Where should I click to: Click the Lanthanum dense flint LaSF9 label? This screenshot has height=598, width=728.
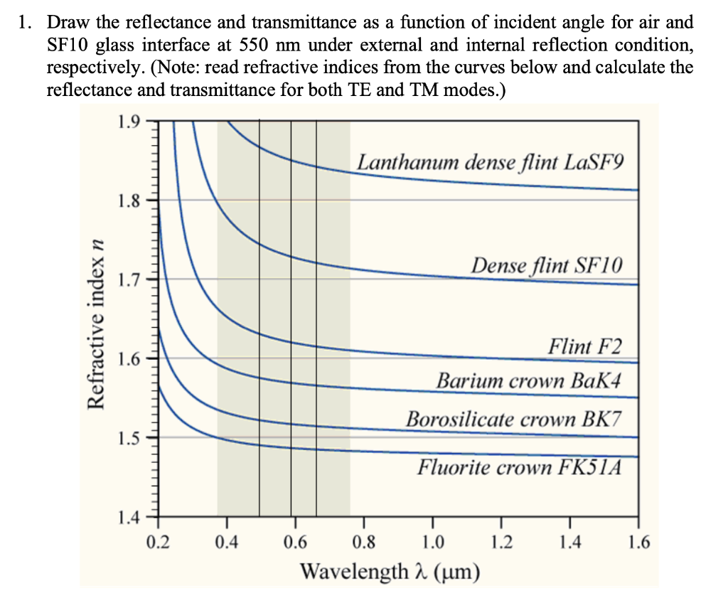point(491,162)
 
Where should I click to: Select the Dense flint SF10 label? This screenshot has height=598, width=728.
point(547,266)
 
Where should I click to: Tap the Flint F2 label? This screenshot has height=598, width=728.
point(584,347)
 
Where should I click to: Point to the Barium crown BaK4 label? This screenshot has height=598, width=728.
point(529,380)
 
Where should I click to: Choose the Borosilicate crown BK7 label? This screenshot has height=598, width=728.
point(513,419)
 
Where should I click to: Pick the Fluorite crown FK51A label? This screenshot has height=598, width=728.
point(519,467)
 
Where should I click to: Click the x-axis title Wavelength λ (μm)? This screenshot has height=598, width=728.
point(388,571)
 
